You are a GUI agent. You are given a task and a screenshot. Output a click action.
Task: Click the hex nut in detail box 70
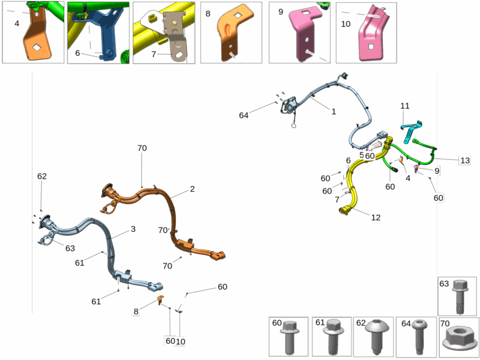[459, 339]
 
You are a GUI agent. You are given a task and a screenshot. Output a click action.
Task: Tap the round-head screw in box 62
[376, 336]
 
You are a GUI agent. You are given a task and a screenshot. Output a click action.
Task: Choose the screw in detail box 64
[419, 336]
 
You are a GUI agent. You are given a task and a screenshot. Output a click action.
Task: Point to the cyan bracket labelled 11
[412, 131]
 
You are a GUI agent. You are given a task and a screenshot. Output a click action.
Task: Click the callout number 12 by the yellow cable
[376, 217]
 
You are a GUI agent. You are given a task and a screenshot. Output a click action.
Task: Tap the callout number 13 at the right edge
[464, 160]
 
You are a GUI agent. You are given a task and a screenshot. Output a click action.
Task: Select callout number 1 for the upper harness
[334, 112]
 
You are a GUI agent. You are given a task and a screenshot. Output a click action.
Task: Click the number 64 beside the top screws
[244, 115]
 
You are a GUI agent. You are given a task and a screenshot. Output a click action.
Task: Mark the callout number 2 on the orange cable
[192, 189]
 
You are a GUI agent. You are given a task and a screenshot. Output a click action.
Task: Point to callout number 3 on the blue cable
[133, 229]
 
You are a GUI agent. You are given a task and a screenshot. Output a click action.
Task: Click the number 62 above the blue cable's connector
[42, 176]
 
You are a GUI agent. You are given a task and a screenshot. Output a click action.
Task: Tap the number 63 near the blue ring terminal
[70, 248]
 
